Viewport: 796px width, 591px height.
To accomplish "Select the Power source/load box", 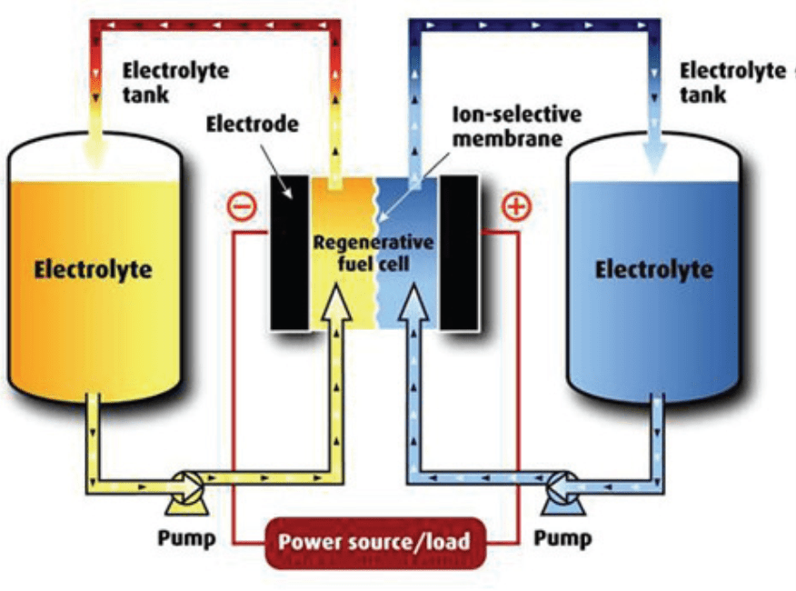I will click(373, 542).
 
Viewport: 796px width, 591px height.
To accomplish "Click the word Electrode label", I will click(251, 124).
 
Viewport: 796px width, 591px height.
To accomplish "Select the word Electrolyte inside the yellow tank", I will click(93, 269).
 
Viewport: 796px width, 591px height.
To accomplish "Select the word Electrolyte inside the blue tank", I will click(653, 269).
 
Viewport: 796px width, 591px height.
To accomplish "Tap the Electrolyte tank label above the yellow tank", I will click(175, 82).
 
